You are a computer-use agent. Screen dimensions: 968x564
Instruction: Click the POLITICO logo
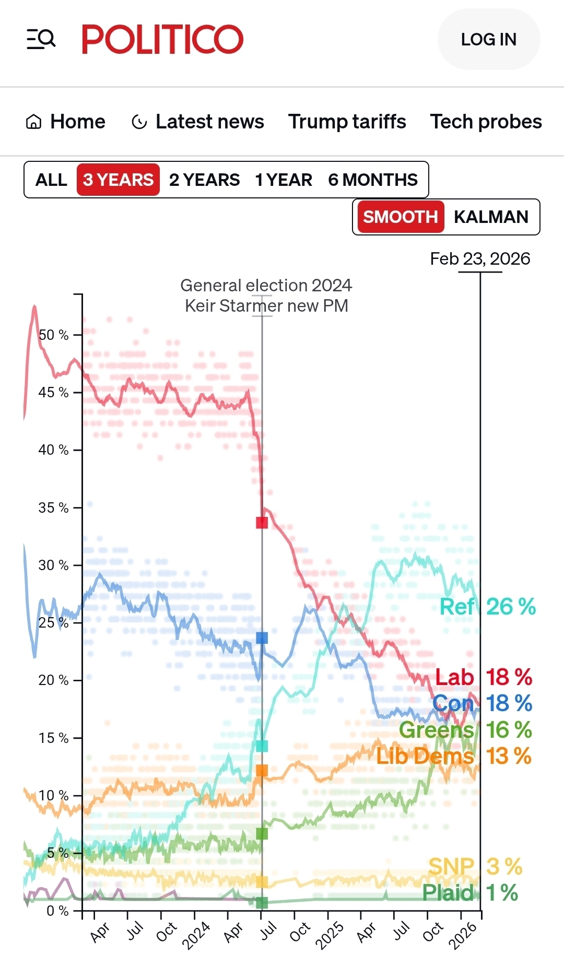pyautogui.click(x=162, y=39)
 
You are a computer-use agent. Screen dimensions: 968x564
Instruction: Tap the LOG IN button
pyautogui.click(x=488, y=39)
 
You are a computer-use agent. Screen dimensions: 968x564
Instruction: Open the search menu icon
pyautogui.click(x=41, y=39)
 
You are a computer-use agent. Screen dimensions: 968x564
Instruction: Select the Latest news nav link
pyautogui.click(x=198, y=122)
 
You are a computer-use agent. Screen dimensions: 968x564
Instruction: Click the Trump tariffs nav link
pyautogui.click(x=347, y=122)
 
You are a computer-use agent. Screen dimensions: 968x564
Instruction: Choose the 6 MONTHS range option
pyautogui.click(x=372, y=180)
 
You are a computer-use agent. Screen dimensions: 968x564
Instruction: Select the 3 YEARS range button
pyautogui.click(x=118, y=180)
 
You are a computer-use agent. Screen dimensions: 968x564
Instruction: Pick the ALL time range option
pyautogui.click(x=51, y=180)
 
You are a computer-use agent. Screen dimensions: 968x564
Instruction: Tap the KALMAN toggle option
pyautogui.click(x=491, y=217)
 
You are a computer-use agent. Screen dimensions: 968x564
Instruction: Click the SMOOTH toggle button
pyautogui.click(x=400, y=217)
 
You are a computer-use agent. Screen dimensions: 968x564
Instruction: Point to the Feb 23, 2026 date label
pyautogui.click(x=480, y=259)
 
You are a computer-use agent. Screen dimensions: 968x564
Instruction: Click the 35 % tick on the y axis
pyautogui.click(x=54, y=507)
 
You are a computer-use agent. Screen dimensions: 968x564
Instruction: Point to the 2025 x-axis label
pyautogui.click(x=330, y=935)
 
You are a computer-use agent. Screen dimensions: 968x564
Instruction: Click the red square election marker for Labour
pyautogui.click(x=262, y=523)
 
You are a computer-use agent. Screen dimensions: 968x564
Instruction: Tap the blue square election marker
pyautogui.click(x=262, y=638)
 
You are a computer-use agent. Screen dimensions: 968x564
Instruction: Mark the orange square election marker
pyautogui.click(x=262, y=771)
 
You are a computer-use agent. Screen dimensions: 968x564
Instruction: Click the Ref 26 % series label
pyautogui.click(x=488, y=607)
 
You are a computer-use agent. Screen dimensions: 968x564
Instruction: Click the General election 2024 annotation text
pyautogui.click(x=266, y=286)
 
